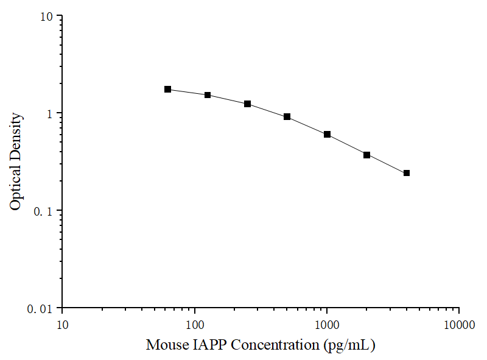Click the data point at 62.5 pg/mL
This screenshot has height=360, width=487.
(x=167, y=90)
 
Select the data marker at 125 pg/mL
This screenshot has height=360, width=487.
(x=208, y=95)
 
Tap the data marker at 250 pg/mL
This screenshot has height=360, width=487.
(x=247, y=104)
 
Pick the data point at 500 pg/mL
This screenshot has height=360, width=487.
(x=287, y=116)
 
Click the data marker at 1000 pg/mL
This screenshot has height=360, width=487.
(x=327, y=134)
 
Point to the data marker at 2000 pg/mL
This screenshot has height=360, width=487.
(x=367, y=155)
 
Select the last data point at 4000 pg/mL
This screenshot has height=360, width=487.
(x=407, y=173)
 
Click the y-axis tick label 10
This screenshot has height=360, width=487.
(x=47, y=16)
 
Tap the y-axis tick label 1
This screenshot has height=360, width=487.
(x=51, y=113)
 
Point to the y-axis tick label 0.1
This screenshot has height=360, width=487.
(x=44, y=211)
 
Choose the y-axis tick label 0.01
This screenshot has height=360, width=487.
(x=41, y=309)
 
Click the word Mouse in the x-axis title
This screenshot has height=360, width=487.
(x=166, y=345)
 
